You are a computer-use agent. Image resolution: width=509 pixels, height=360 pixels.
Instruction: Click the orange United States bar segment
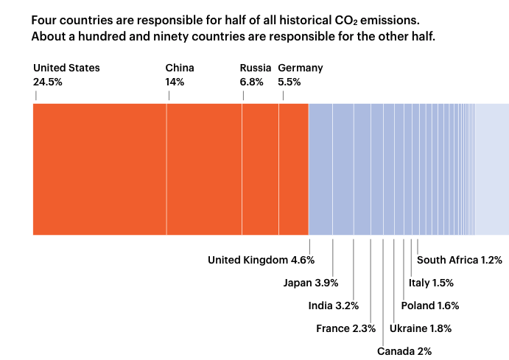[x=99, y=169]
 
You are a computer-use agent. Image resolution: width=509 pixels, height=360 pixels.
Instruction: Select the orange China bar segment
[x=204, y=169]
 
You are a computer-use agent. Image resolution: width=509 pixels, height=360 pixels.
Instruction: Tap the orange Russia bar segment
[x=260, y=169]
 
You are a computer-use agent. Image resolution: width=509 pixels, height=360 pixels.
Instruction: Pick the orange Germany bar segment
[x=293, y=169]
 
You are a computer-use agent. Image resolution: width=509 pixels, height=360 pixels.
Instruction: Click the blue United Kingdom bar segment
[x=320, y=169]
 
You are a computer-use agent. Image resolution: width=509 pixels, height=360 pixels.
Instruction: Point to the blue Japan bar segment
[x=343, y=169]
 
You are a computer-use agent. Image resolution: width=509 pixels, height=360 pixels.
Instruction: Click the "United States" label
[x=66, y=68]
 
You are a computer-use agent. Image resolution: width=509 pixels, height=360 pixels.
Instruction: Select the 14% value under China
[x=175, y=82]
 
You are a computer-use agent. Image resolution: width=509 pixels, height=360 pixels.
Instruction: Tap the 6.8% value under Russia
[x=251, y=82]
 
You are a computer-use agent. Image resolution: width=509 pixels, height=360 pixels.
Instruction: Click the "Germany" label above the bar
[x=301, y=68]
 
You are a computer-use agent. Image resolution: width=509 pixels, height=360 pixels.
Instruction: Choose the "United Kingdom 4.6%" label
[x=261, y=260]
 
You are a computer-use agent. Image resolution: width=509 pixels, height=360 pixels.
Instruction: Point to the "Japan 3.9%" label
[x=311, y=283]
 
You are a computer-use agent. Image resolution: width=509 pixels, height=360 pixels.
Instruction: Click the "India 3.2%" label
[x=333, y=306]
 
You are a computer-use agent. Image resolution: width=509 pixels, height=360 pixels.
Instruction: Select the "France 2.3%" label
[x=345, y=328]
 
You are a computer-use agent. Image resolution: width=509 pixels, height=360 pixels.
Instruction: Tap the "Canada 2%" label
[x=404, y=351]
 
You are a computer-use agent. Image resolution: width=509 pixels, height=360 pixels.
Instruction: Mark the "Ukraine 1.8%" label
[x=421, y=328]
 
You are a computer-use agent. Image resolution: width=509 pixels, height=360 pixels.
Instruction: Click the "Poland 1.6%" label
[x=430, y=306]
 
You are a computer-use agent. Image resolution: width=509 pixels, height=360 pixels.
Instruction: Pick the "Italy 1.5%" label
[x=432, y=283]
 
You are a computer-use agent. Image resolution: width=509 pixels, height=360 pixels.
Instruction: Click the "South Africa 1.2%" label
[x=460, y=260]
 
